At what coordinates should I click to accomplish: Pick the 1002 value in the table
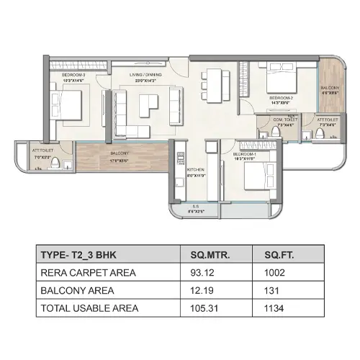(x=275, y=272)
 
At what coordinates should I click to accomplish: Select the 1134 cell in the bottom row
(x=275, y=308)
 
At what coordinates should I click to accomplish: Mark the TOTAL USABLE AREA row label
(x=91, y=308)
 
